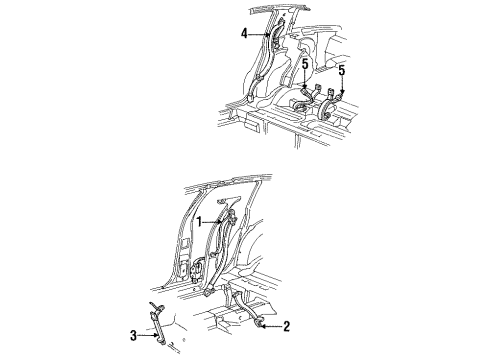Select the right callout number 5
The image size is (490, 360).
click(x=343, y=70)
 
